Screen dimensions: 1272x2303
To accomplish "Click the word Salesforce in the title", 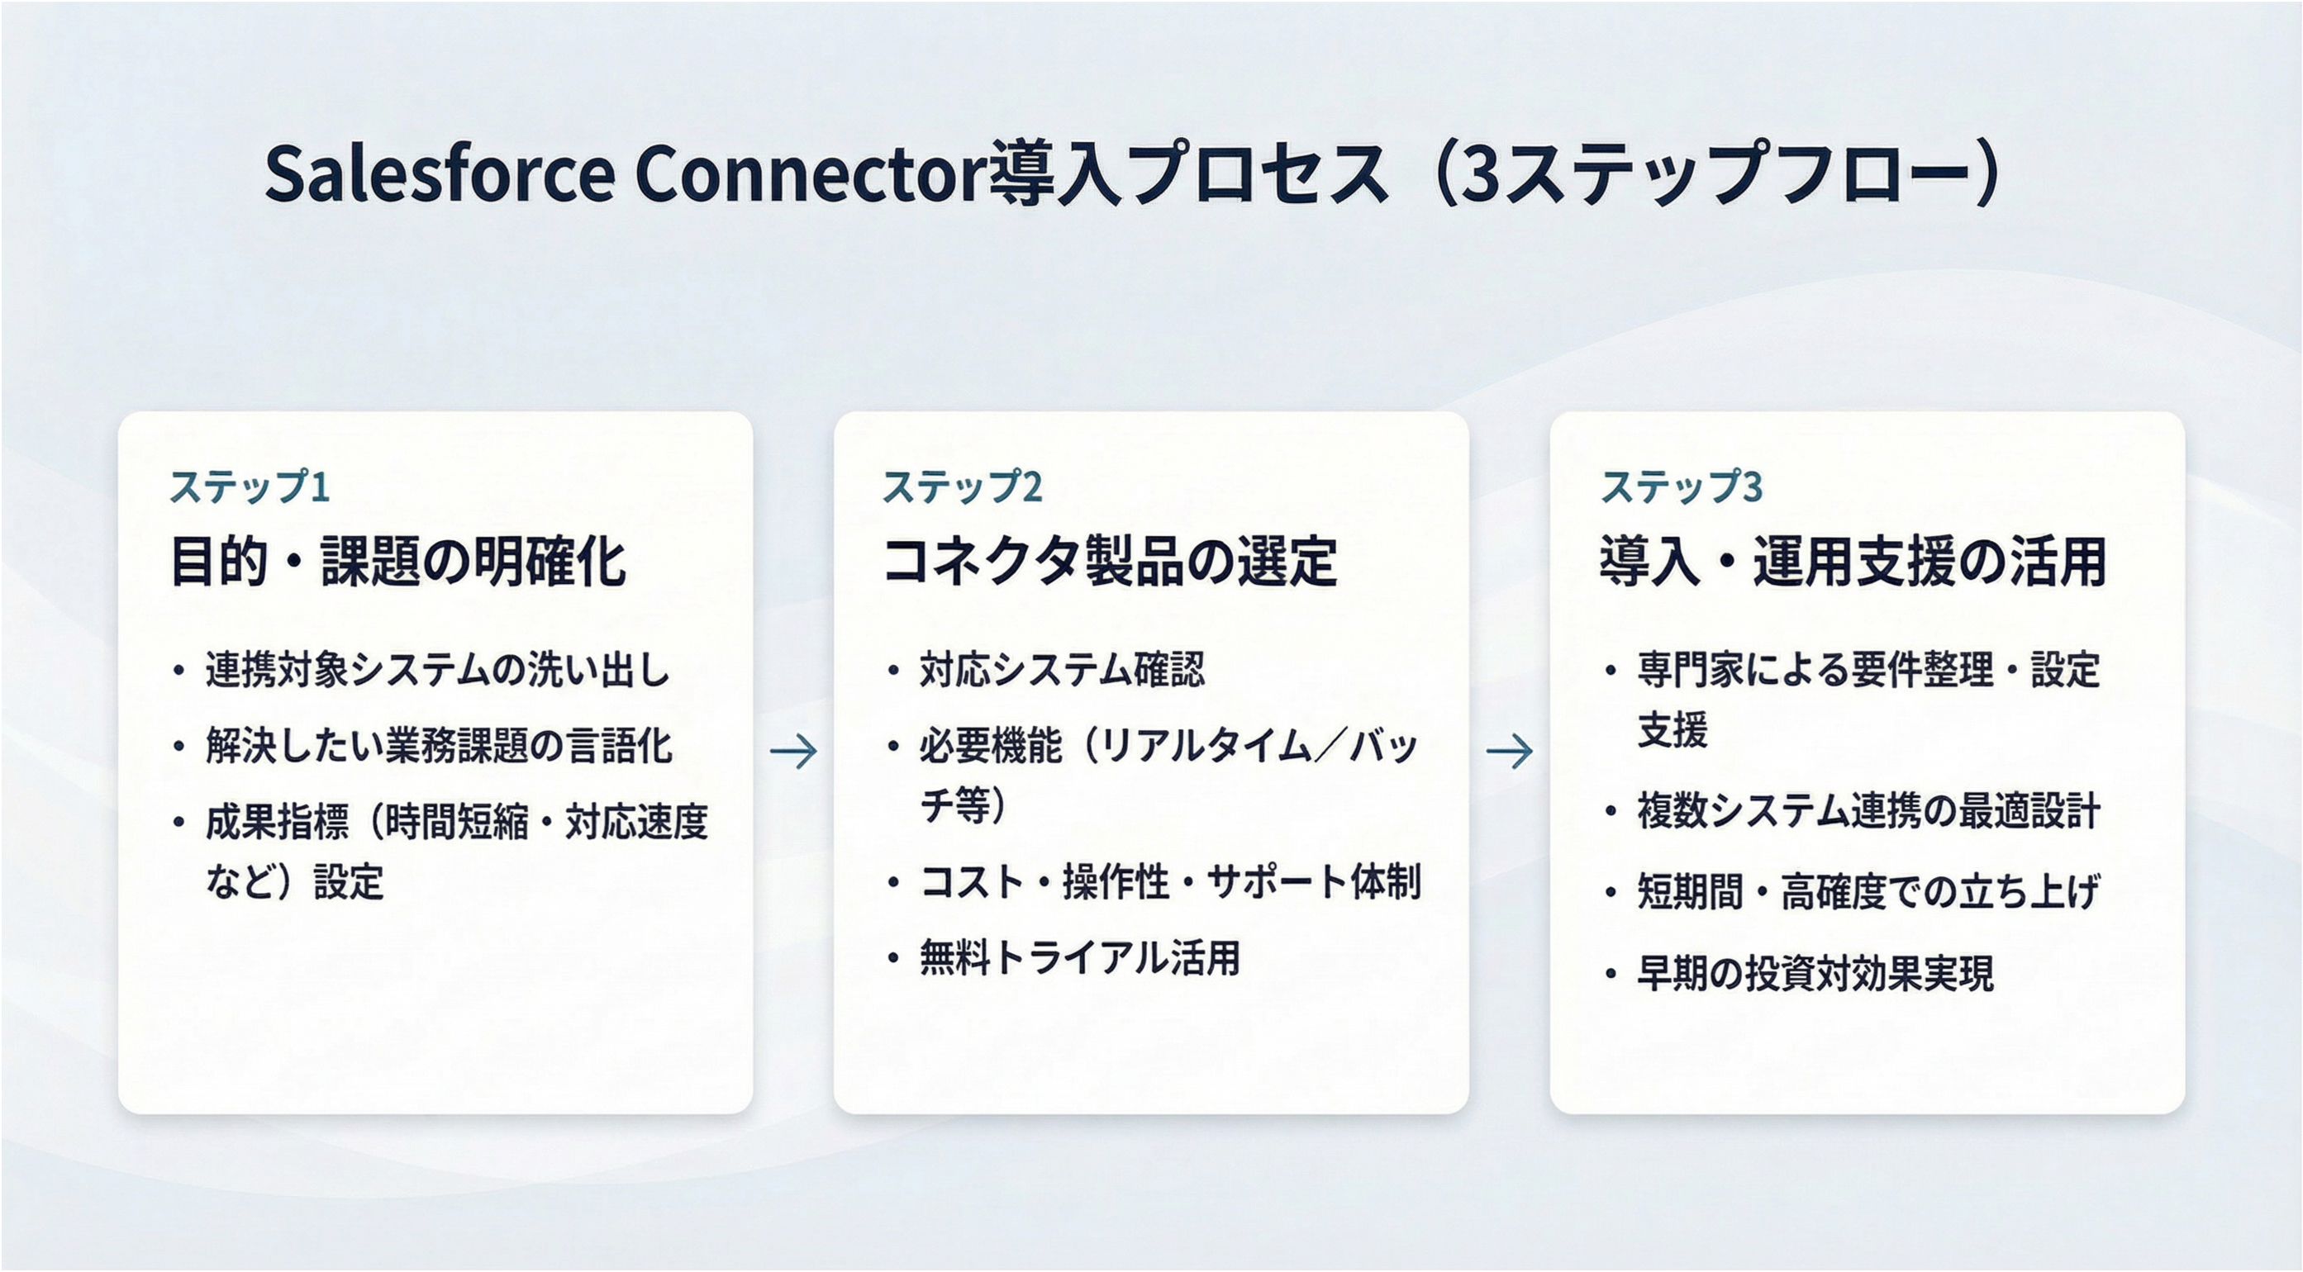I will coord(440,173).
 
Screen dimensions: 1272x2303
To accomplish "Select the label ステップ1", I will coord(250,487).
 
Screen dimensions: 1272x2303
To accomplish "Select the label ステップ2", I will coord(963,487).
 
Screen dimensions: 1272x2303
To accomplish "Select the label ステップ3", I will coord(1681,487).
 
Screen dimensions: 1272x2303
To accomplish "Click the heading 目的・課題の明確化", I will coord(397,562).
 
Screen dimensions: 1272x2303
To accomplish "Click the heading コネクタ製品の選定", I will coord(1110,562).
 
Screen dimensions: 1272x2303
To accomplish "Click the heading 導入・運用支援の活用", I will coord(1853,562).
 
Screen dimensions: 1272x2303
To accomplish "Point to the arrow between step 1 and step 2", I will coord(793,751).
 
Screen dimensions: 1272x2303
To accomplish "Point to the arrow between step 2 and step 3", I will coord(1509,751).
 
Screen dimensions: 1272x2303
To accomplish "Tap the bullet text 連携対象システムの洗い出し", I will coord(437,671).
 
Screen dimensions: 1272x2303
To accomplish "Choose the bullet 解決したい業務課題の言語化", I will coord(438,747).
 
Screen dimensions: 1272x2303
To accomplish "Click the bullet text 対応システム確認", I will coord(1061,671).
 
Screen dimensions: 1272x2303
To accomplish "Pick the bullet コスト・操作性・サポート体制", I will coord(1169,882).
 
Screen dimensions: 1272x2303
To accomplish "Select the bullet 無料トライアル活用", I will coord(1079,958).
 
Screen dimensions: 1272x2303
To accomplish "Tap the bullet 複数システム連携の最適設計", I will coord(1868,812).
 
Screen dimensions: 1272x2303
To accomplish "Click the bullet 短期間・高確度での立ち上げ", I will coord(1868,891).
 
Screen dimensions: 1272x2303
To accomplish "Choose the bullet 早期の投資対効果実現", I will coord(1815,974).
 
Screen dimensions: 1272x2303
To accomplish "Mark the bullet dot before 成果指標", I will coord(179,823).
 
